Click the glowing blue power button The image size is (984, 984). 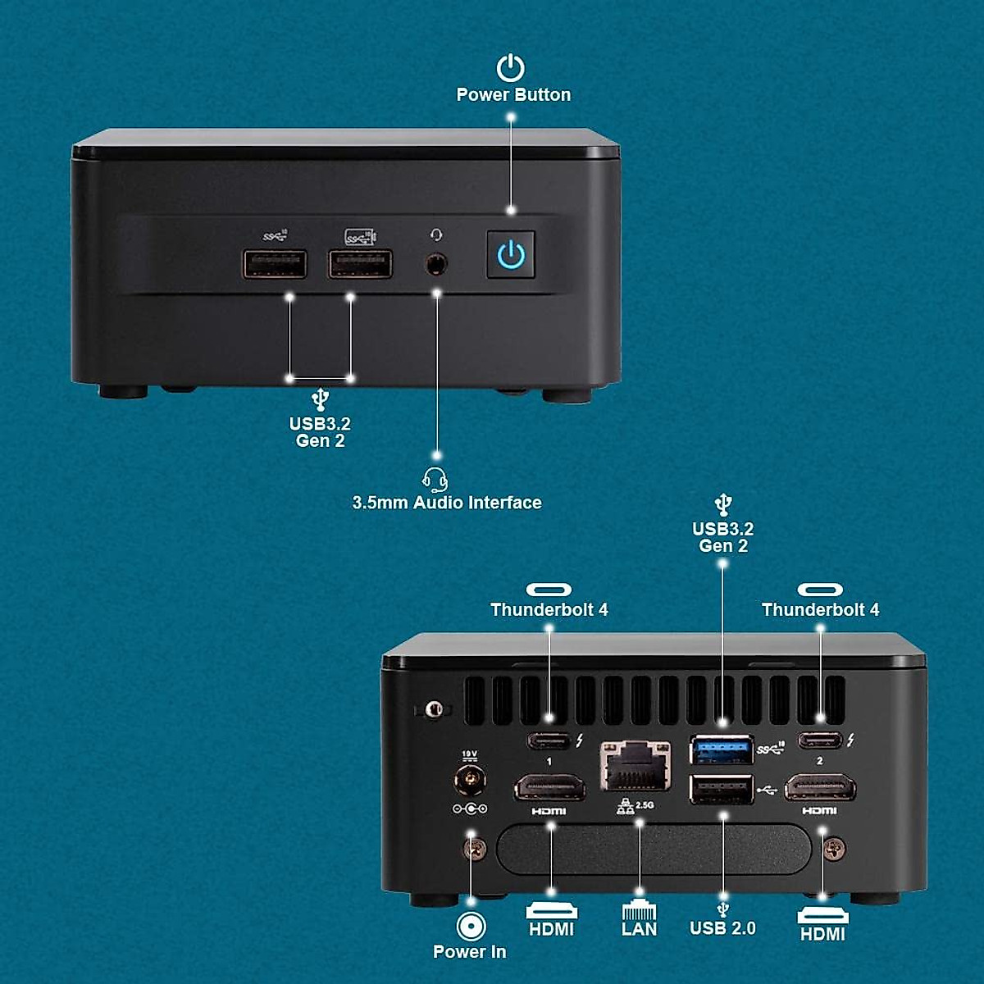pos(511,254)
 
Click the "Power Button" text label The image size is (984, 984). pos(513,95)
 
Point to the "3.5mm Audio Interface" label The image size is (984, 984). pos(447,503)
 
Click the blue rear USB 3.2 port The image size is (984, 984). pos(722,749)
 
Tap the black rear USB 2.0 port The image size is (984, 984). pos(722,790)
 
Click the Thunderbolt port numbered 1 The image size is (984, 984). pos(549,741)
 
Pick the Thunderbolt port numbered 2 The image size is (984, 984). pos(820,740)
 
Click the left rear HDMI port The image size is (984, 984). pos(549,789)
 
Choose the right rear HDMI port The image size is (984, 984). pos(820,789)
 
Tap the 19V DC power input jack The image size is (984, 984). pos(470,778)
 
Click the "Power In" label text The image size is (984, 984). pos(469,952)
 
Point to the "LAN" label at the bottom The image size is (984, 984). pos(639,929)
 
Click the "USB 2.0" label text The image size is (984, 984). pos(722,928)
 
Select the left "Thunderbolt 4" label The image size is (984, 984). pos(549,610)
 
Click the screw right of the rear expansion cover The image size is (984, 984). pos(836,849)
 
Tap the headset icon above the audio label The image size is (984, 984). pos(435,480)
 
